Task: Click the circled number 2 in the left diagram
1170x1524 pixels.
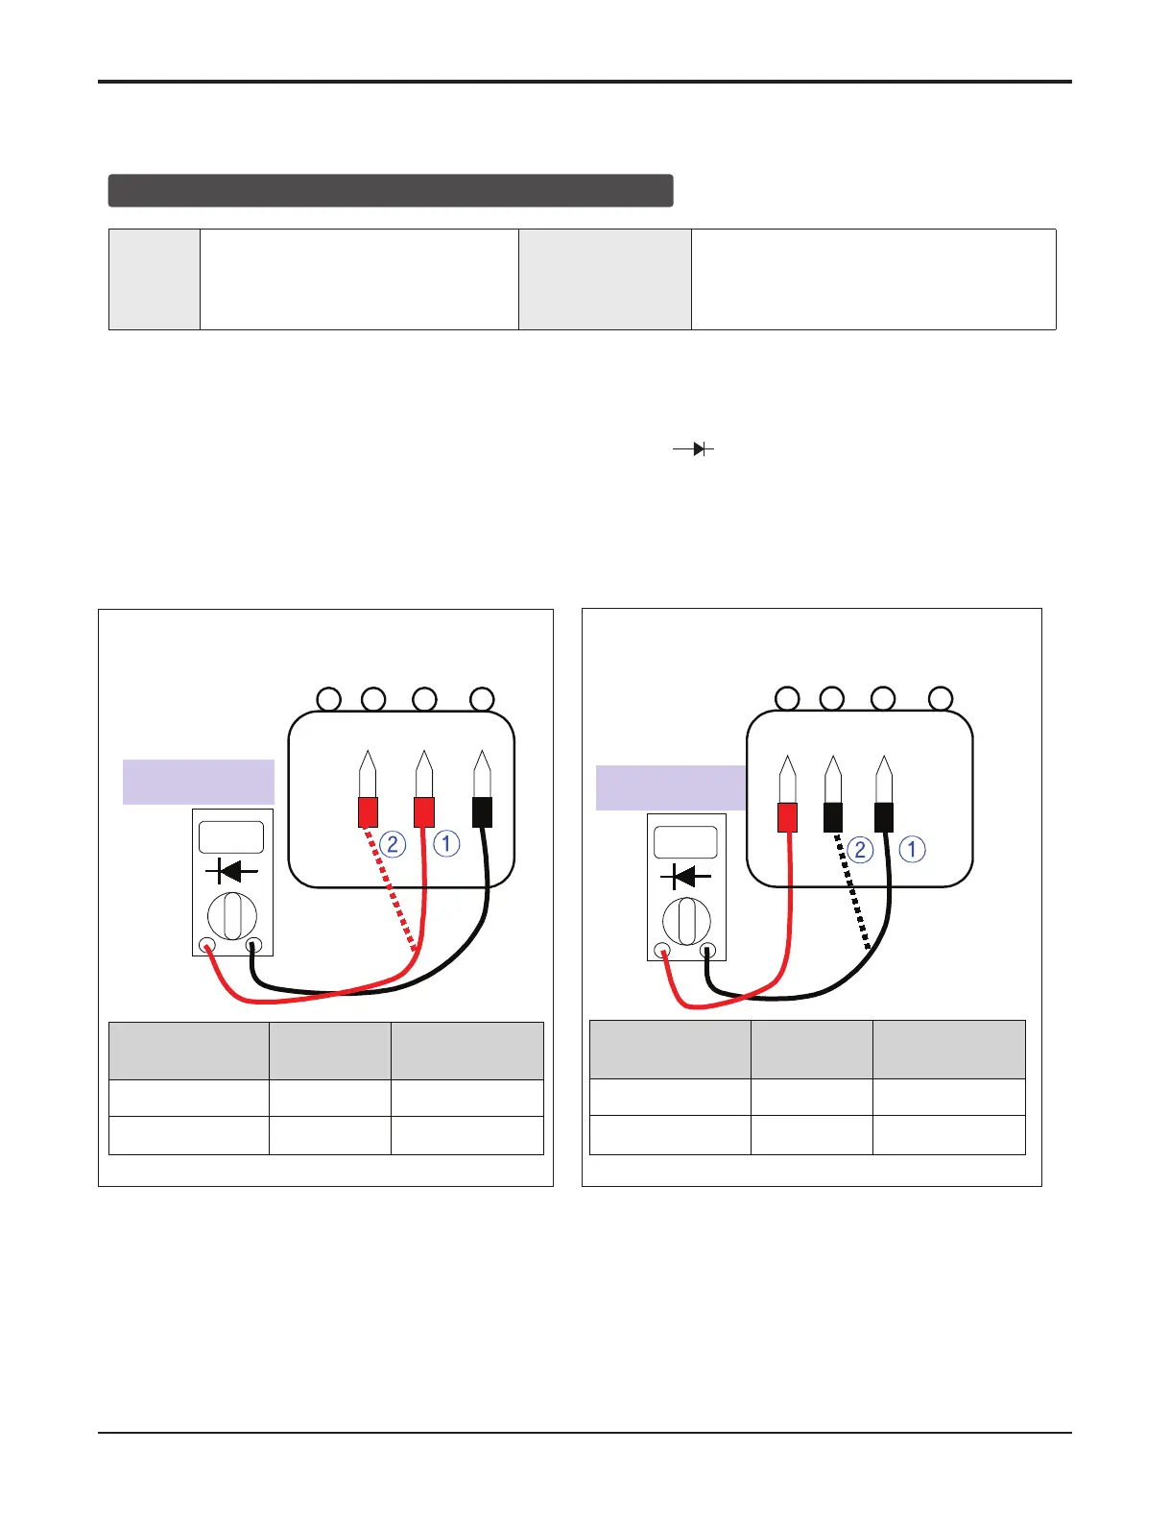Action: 393,845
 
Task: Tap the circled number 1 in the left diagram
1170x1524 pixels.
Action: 446,844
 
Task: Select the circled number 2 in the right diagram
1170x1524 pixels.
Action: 860,849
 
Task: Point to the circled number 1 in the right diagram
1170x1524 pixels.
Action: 912,849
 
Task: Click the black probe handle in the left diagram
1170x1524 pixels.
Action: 482,811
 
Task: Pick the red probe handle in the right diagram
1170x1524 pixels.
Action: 787,817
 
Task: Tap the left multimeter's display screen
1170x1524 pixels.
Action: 231,837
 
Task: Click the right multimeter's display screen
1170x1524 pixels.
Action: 685,842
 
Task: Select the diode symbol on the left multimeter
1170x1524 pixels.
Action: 231,872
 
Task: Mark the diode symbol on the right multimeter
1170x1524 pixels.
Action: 685,877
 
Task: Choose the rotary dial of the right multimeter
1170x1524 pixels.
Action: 685,921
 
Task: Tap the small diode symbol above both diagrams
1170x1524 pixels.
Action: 694,449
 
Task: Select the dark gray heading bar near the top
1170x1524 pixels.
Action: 391,190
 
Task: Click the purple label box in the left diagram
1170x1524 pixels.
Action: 199,782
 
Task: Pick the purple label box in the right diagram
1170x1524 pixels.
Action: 670,787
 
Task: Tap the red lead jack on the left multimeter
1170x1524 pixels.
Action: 207,946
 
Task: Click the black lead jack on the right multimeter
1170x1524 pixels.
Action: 708,951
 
